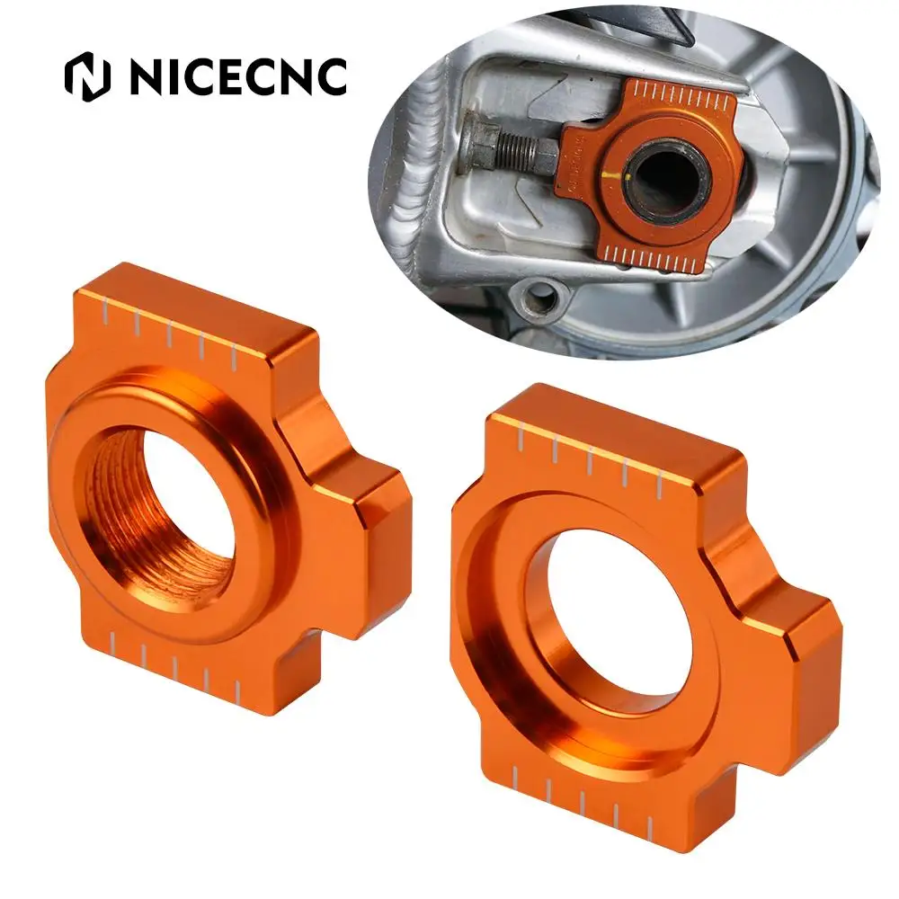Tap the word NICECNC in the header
237,76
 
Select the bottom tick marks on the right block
584,805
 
